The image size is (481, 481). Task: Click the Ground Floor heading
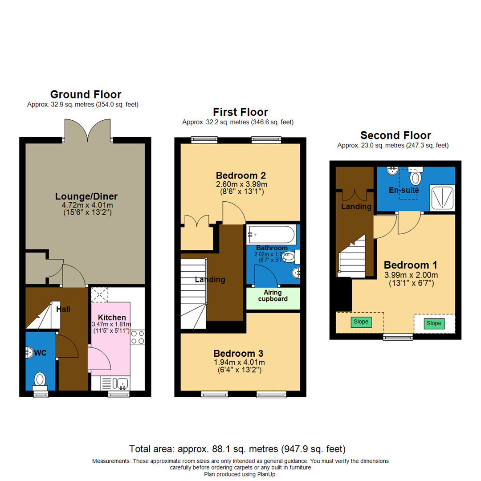pos(86,94)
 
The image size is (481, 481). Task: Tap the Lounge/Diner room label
pos(86,196)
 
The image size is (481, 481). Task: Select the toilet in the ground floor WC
pos(40,379)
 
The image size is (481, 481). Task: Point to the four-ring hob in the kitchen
pos(138,337)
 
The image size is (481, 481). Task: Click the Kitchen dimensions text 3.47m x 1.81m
pos(111,324)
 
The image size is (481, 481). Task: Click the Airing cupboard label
pos(273,295)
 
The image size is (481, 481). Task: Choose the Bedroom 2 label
pos(241,175)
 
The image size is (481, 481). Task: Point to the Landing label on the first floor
pos(210,280)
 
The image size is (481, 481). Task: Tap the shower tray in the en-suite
pos(443,197)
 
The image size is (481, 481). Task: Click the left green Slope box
pos(361,322)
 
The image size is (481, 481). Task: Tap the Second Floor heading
pos(395,135)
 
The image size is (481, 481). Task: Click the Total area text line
pos(237,448)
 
